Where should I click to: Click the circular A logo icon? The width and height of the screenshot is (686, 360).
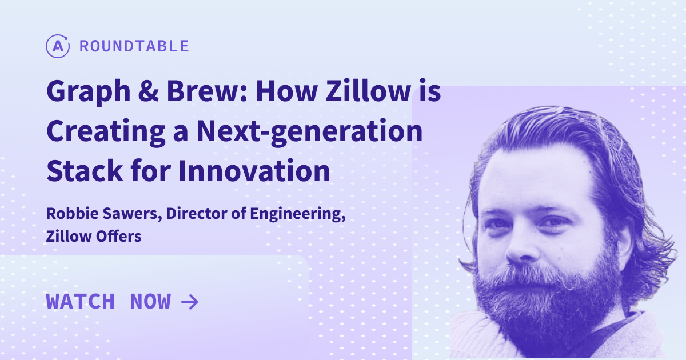(x=57, y=46)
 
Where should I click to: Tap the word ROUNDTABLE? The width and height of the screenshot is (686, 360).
(x=134, y=46)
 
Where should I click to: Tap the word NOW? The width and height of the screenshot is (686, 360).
(x=150, y=301)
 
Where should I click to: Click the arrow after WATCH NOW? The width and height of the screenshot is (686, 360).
(x=189, y=301)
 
